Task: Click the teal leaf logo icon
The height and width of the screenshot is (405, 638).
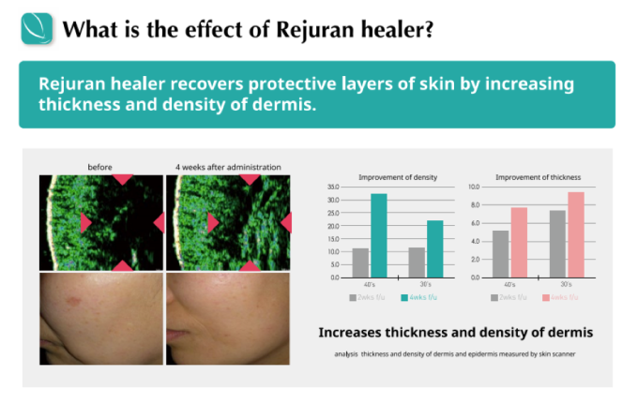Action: pyautogui.click(x=38, y=30)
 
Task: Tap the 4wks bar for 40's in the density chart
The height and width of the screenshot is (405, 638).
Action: pyautogui.click(x=378, y=235)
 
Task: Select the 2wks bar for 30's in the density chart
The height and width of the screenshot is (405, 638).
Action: pyautogui.click(x=417, y=262)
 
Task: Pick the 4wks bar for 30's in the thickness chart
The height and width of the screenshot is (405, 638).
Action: pyautogui.click(x=575, y=234)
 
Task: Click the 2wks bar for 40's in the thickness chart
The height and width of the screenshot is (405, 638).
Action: pyautogui.click(x=501, y=254)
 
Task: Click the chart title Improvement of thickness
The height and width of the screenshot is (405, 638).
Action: pyautogui.click(x=538, y=177)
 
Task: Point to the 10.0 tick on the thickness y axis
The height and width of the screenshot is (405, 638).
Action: pyautogui.click(x=474, y=187)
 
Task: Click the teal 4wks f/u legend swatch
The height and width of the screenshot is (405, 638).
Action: pyautogui.click(x=403, y=297)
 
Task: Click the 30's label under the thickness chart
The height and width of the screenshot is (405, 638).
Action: pyautogui.click(x=566, y=284)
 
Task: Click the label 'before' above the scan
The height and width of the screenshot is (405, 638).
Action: pyautogui.click(x=99, y=167)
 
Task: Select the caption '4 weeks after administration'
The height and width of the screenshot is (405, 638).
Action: pyautogui.click(x=228, y=167)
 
